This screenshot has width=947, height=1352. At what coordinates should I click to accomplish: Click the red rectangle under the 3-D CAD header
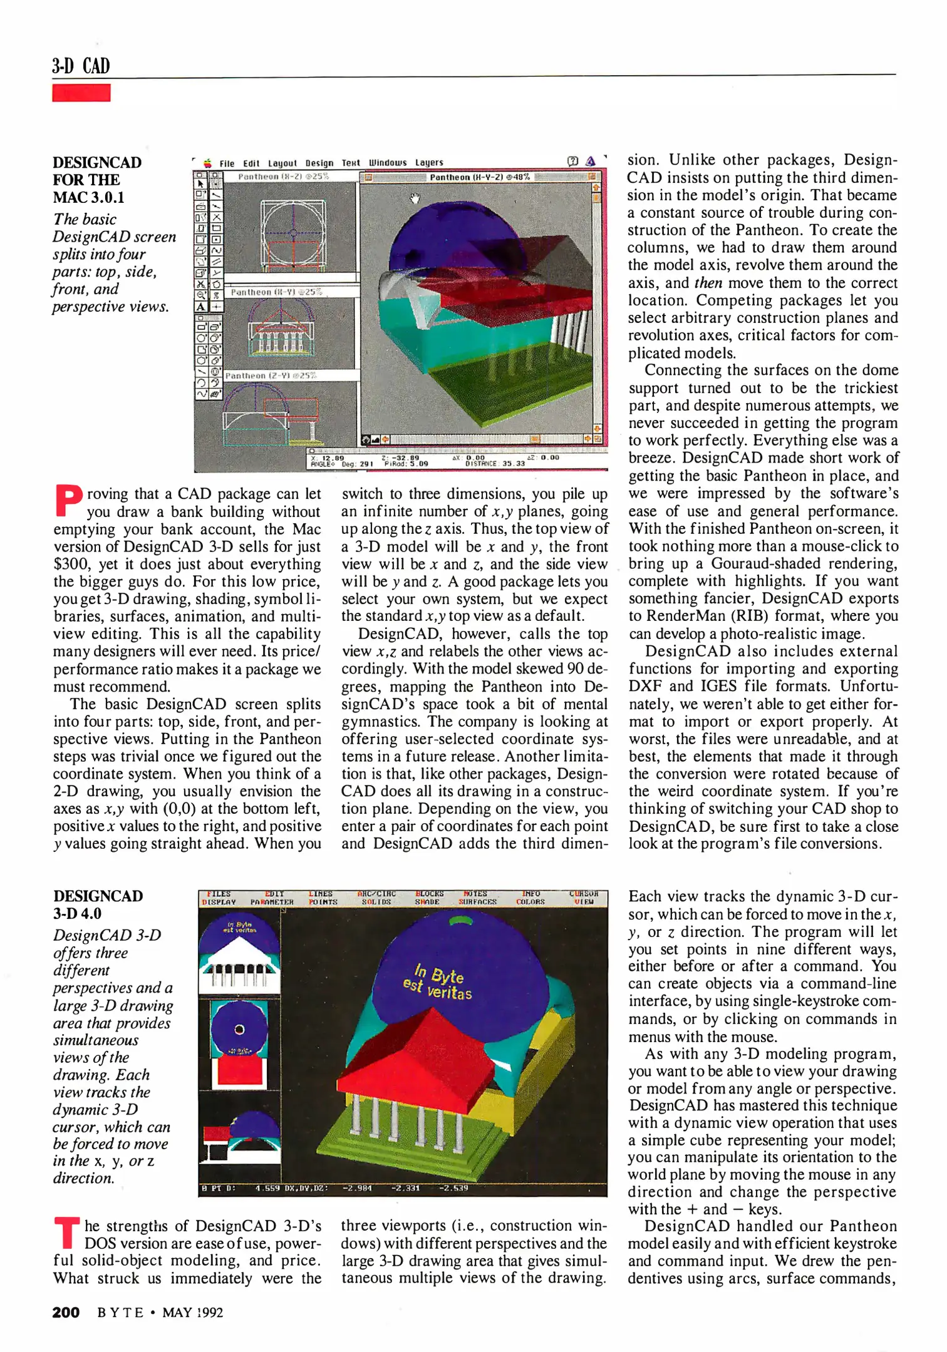click(x=81, y=93)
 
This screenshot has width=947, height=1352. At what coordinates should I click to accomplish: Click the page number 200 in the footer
click(x=66, y=1312)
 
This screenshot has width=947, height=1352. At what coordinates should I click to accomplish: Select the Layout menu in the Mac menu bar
click(x=281, y=163)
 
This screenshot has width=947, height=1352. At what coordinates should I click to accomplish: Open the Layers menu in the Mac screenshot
click(x=429, y=163)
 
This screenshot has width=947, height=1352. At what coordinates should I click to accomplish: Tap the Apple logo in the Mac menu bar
click(x=208, y=163)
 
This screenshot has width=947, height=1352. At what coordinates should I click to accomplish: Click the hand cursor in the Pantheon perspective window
click(x=414, y=198)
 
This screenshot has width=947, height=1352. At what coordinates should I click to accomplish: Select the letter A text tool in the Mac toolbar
click(x=200, y=307)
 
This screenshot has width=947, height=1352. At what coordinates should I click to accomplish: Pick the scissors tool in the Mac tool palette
click(x=200, y=284)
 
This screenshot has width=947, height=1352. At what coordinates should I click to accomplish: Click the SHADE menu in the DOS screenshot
click(x=427, y=902)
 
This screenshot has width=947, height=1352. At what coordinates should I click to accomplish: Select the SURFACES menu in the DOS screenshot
click(x=478, y=902)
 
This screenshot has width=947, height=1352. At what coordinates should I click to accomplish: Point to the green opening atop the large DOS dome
click(x=462, y=920)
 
